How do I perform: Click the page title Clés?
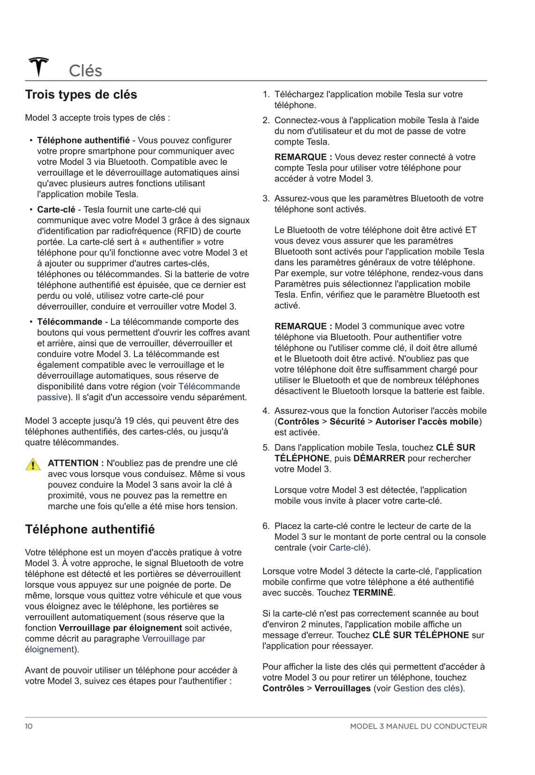(85, 71)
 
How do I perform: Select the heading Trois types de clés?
(81, 95)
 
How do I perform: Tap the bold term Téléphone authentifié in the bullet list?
(83, 140)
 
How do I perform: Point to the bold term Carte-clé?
(56, 209)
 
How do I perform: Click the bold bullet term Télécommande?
(70, 322)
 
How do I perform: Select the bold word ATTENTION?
(73, 463)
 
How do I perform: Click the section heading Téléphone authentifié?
(89, 529)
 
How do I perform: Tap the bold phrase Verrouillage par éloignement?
(120, 628)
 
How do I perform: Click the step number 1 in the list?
(266, 94)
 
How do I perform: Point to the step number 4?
(266, 411)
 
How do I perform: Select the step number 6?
(266, 526)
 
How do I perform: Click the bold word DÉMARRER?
(379, 458)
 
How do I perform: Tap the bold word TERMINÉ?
(373, 593)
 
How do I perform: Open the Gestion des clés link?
(426, 688)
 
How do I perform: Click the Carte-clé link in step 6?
(347, 548)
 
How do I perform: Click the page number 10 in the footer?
(29, 726)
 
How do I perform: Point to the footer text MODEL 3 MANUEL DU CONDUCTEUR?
(418, 726)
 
